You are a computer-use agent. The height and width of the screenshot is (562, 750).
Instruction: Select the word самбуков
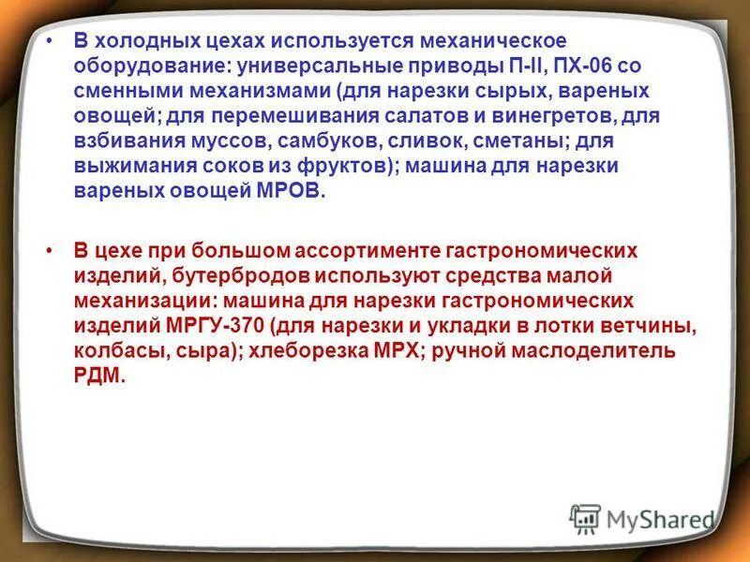[x=393, y=141]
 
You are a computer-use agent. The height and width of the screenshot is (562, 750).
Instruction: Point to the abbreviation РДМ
[x=97, y=374]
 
